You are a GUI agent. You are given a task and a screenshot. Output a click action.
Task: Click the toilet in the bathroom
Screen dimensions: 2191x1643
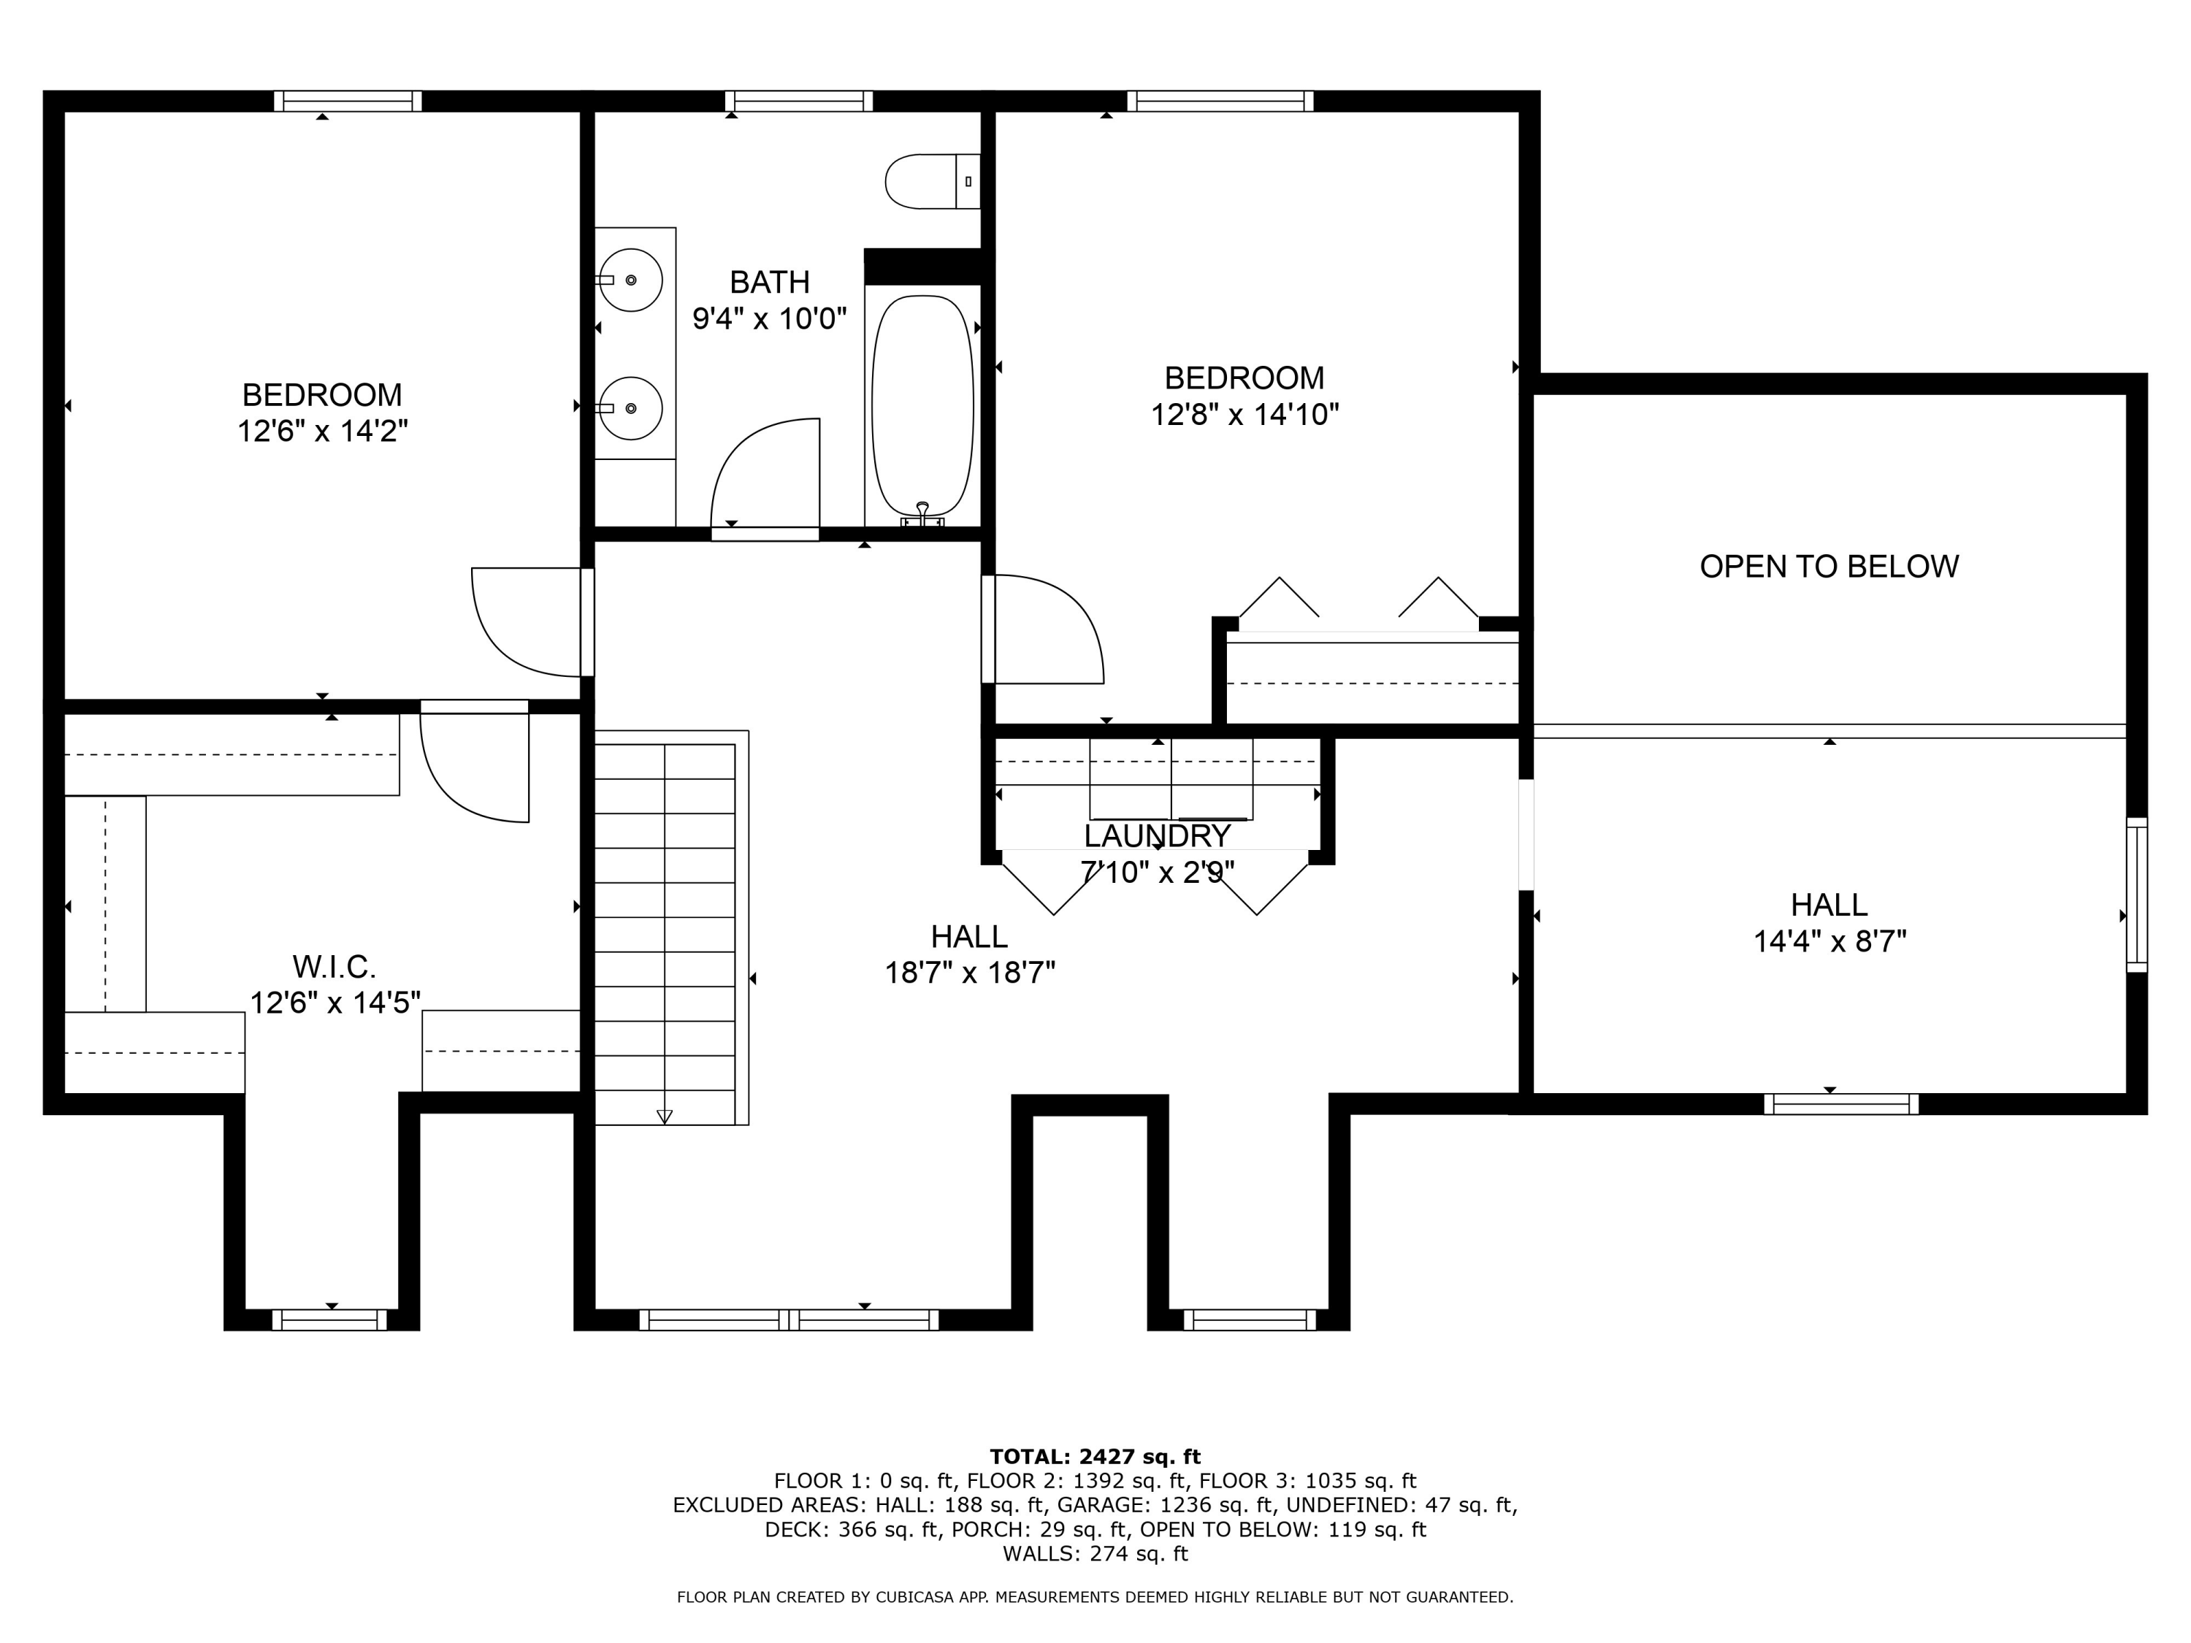coord(932,181)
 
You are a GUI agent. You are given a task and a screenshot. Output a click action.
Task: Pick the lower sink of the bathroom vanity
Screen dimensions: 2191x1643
coord(631,407)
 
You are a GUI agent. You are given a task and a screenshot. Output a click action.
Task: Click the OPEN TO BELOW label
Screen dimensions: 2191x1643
coord(1829,567)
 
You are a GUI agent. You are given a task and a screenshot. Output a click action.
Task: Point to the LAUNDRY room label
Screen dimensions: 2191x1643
coord(1157,836)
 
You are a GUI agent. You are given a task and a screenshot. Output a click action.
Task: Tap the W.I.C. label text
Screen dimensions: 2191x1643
coord(334,967)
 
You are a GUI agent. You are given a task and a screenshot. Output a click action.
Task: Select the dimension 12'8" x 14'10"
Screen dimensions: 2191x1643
coord(1244,414)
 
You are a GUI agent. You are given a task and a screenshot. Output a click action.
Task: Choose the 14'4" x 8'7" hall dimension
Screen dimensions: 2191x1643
coord(1829,941)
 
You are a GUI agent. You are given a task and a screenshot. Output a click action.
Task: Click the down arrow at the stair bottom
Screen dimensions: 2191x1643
coord(665,1116)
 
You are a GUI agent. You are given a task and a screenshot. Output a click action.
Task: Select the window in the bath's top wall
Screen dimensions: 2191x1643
coord(798,101)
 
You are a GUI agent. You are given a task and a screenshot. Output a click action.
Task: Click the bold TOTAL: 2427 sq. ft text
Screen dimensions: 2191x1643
coord(1095,1457)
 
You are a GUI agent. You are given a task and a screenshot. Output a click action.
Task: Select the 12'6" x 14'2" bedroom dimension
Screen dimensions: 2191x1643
coord(322,432)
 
